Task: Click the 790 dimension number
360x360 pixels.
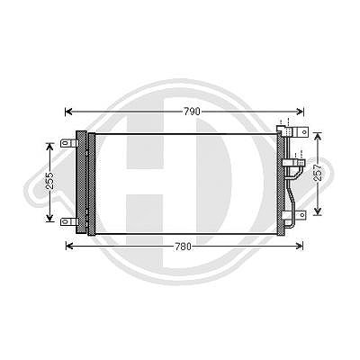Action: point(192,112)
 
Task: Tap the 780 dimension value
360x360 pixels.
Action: point(183,247)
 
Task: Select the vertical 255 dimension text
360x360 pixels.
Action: point(50,181)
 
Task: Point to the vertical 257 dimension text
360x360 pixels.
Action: point(318,173)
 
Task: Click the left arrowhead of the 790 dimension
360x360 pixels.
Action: point(68,112)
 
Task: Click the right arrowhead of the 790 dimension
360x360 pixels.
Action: point(300,112)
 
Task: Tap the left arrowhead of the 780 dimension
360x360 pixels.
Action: point(69,247)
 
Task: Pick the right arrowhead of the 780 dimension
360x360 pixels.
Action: point(300,247)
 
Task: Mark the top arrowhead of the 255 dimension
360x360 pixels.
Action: point(49,147)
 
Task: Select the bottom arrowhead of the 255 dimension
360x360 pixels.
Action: point(49,218)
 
